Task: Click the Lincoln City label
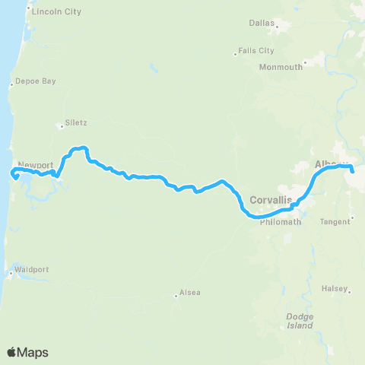56,12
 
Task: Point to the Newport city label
35,164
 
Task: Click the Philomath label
281,222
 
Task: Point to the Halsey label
334,288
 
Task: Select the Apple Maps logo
27,352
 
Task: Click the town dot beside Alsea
176,296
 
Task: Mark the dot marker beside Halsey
350,290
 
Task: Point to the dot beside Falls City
235,53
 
